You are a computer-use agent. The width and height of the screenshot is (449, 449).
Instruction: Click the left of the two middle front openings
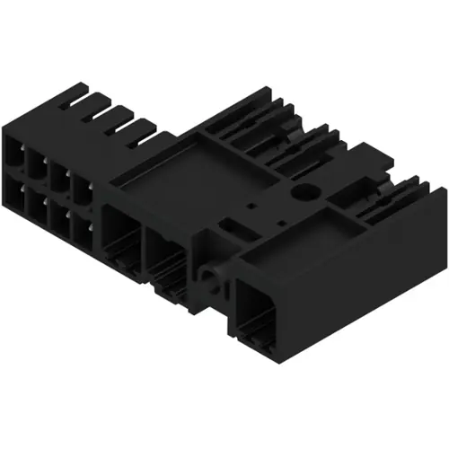[x=122, y=234]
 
